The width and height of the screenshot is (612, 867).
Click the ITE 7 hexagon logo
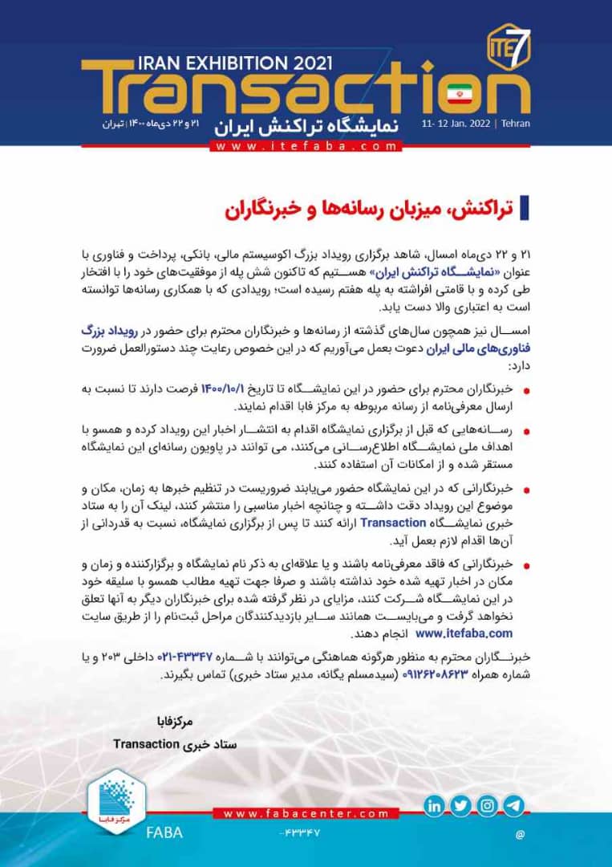point(508,41)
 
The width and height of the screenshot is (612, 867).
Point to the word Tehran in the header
point(515,124)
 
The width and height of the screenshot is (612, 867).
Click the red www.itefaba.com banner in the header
point(306,146)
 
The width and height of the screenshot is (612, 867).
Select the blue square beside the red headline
point(525,206)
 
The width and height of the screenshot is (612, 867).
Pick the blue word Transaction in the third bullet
point(393,523)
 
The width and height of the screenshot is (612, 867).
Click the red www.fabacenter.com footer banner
point(307,813)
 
